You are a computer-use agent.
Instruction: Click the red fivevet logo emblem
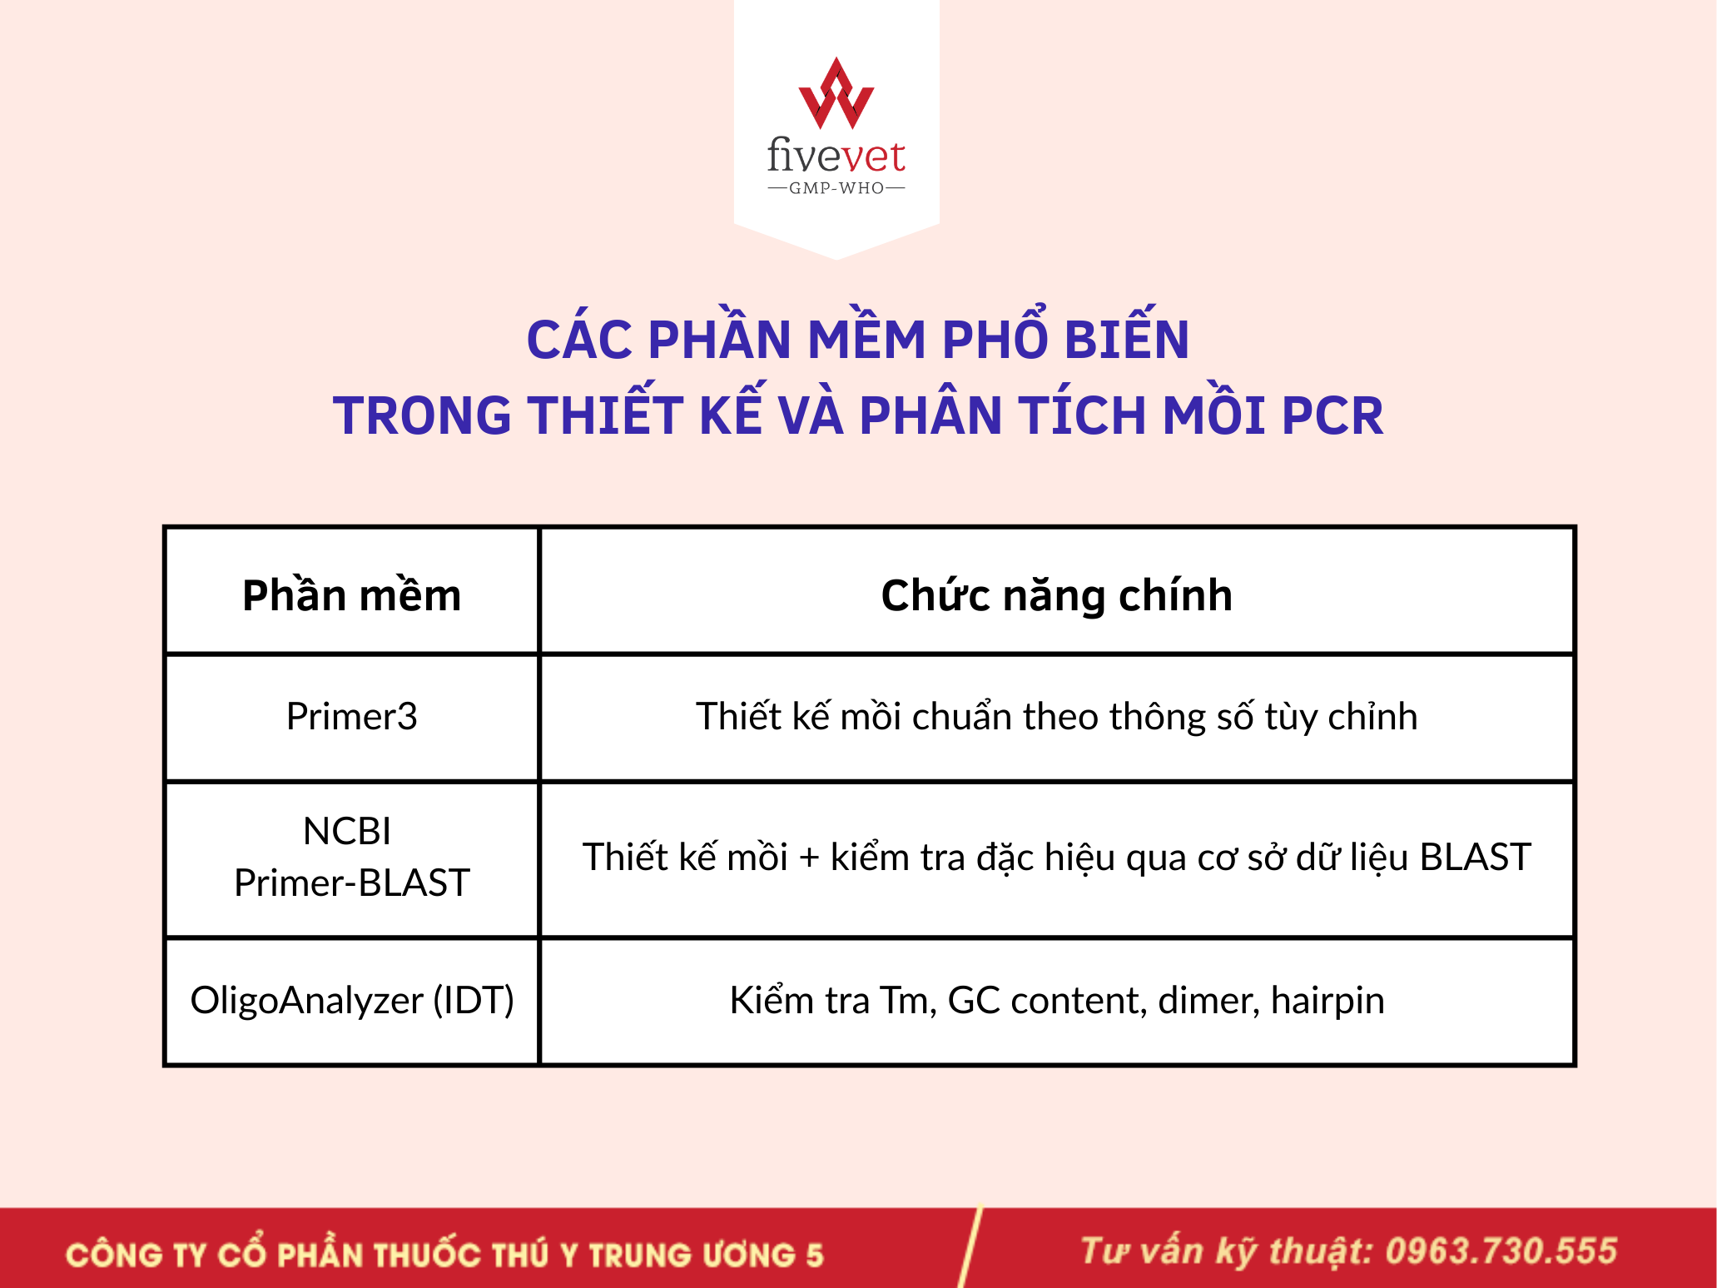click(836, 93)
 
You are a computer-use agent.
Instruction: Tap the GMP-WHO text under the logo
click(836, 188)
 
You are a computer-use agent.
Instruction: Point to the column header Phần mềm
click(351, 595)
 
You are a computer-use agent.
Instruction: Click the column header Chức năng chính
click(1056, 596)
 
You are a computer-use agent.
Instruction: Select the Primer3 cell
click(351, 716)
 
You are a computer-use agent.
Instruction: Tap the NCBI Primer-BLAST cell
click(351, 857)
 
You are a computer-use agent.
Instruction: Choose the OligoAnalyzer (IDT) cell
click(352, 1000)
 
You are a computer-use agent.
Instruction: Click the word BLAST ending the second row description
click(1475, 857)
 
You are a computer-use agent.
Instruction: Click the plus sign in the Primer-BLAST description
click(809, 858)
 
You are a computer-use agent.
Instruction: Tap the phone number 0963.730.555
click(1501, 1251)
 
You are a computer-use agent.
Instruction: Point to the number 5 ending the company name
click(814, 1255)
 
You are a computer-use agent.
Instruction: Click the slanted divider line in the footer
click(970, 1247)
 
